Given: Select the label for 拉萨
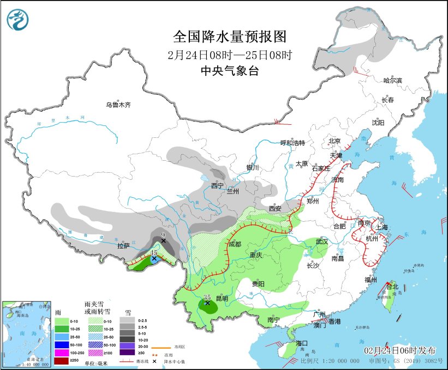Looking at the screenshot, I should click(x=123, y=246).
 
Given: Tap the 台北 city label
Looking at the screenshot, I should click(x=392, y=286).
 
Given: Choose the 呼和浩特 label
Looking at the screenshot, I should click(x=292, y=143).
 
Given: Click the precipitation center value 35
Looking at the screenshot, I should click(x=207, y=298).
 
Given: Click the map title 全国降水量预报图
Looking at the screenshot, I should click(x=229, y=37).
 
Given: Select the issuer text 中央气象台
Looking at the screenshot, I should click(x=229, y=70).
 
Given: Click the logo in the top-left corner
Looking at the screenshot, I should click(x=17, y=20).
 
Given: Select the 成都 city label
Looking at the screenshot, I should click(x=235, y=244).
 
